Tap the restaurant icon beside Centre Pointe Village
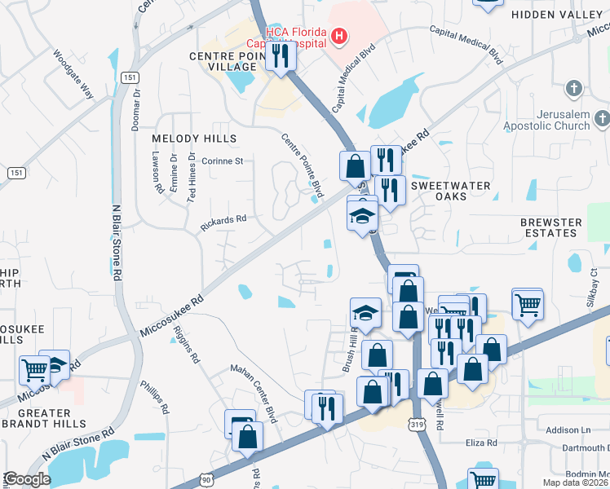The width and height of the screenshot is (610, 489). coord(279,56)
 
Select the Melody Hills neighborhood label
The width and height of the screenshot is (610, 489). coord(194,139)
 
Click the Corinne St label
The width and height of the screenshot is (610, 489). coord(223,161)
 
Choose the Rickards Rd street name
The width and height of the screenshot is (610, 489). coord(224,219)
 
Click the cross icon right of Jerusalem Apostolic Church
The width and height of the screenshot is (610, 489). coord(601,121)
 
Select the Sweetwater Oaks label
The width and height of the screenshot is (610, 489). coord(450,191)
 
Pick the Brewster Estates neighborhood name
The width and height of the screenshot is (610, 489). coord(551,227)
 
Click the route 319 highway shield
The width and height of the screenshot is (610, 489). coord(418,425)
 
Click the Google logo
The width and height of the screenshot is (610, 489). coord(27,479)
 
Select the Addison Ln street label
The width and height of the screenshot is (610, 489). coord(568,430)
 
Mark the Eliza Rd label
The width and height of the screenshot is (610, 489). coord(481,443)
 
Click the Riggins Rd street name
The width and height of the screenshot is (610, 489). coord(187,345)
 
